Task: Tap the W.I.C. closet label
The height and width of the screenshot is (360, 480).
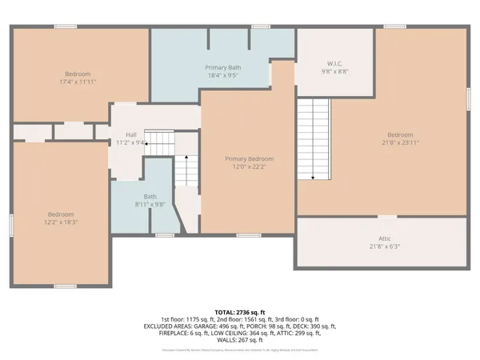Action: pyautogui.click(x=335, y=62)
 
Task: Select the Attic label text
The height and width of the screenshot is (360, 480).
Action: pyautogui.click(x=385, y=238)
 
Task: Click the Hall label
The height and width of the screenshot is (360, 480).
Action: pyautogui.click(x=130, y=134)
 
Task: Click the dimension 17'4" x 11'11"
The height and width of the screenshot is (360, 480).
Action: pyautogui.click(x=78, y=82)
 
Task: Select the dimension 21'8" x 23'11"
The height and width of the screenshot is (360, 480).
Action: pyautogui.click(x=400, y=142)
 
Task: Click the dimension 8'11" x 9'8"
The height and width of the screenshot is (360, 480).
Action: pyautogui.click(x=150, y=204)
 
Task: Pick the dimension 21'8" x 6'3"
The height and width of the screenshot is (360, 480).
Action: pyautogui.click(x=385, y=246)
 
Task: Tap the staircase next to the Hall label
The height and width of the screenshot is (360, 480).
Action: pyautogui.click(x=159, y=144)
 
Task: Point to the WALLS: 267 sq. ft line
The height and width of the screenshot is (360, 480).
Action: pyautogui.click(x=240, y=339)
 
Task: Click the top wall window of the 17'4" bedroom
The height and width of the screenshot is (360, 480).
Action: pyautogui.click(x=66, y=26)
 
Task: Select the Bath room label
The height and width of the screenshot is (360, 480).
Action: pyautogui.click(x=150, y=196)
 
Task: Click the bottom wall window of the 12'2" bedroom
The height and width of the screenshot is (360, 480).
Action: pyautogui.click(x=66, y=286)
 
